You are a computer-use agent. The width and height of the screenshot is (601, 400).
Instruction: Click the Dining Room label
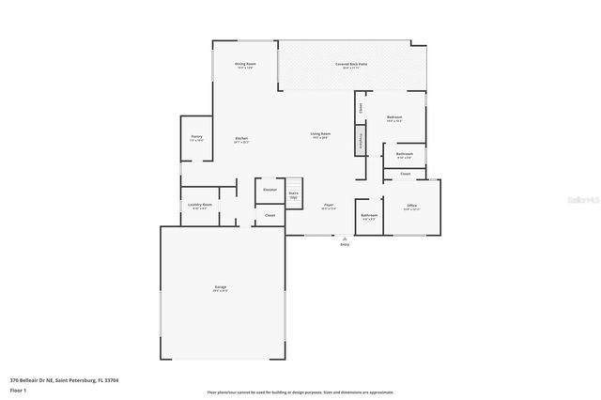point(245,65)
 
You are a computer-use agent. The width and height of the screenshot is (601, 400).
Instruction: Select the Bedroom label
point(394,118)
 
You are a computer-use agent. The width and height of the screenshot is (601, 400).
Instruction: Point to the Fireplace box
point(361,140)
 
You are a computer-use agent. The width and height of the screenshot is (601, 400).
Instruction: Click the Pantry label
point(196,137)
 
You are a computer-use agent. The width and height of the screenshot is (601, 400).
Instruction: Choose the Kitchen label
point(241,139)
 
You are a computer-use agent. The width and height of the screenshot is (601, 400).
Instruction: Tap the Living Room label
point(320,134)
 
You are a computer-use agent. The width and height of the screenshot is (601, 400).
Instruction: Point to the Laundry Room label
point(199,205)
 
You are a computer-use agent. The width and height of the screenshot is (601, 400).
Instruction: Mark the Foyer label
point(329,205)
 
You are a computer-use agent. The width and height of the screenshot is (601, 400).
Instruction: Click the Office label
point(411,205)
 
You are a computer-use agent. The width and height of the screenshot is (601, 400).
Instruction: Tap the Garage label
point(220,286)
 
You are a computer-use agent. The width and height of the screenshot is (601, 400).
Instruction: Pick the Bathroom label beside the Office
point(369,215)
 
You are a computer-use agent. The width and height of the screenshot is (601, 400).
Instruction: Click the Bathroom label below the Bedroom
point(404,154)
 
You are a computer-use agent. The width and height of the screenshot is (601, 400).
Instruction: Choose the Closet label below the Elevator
point(270,215)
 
